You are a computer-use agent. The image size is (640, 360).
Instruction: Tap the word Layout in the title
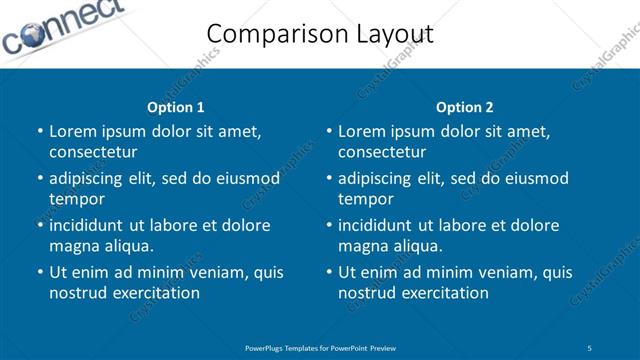point(389,34)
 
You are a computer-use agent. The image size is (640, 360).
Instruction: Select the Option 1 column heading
point(175,107)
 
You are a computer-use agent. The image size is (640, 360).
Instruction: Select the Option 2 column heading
point(464,107)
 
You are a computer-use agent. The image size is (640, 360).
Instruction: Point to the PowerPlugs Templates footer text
point(320,348)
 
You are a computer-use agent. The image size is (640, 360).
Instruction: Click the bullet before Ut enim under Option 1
point(39,272)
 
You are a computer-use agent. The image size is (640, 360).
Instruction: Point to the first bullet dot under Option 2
point(328,131)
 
